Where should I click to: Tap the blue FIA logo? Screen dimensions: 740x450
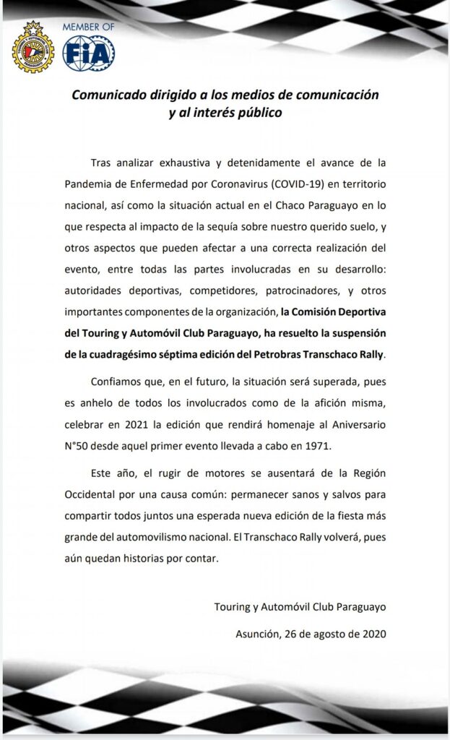88,53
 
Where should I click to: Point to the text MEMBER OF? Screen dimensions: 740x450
87,27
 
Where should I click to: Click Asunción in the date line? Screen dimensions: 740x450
259,634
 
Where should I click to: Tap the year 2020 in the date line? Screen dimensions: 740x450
373,634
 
